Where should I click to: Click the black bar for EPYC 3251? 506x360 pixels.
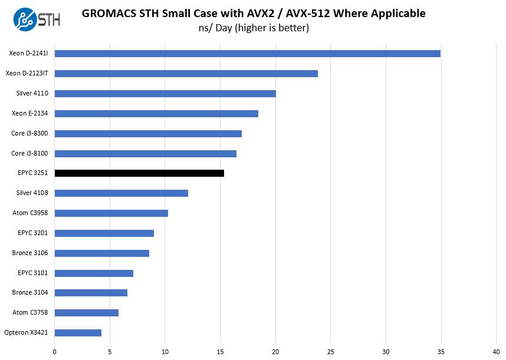tap(139, 173)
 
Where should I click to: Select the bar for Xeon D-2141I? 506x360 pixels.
tap(248, 54)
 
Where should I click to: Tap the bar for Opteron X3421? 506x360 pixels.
tap(78, 333)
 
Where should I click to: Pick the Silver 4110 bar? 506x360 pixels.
tap(165, 94)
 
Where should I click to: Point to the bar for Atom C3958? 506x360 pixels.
tap(111, 213)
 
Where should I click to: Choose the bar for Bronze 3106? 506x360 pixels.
tap(102, 253)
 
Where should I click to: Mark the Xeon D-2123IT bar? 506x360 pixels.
tap(186, 74)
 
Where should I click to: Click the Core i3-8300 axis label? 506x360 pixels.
tap(29, 134)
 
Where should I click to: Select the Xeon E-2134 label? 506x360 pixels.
tap(30, 114)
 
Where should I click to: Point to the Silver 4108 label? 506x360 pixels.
tap(32, 193)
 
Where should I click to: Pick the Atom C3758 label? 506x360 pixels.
tap(31, 313)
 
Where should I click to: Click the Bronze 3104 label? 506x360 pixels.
tap(30, 293)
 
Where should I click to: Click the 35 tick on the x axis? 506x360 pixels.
tap(441, 352)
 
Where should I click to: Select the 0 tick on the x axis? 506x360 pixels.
tap(55, 352)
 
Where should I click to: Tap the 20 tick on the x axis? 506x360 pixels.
tap(275, 352)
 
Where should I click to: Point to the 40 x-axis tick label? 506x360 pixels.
tap(496, 352)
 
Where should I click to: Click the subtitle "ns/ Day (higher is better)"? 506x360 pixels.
tap(254, 28)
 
